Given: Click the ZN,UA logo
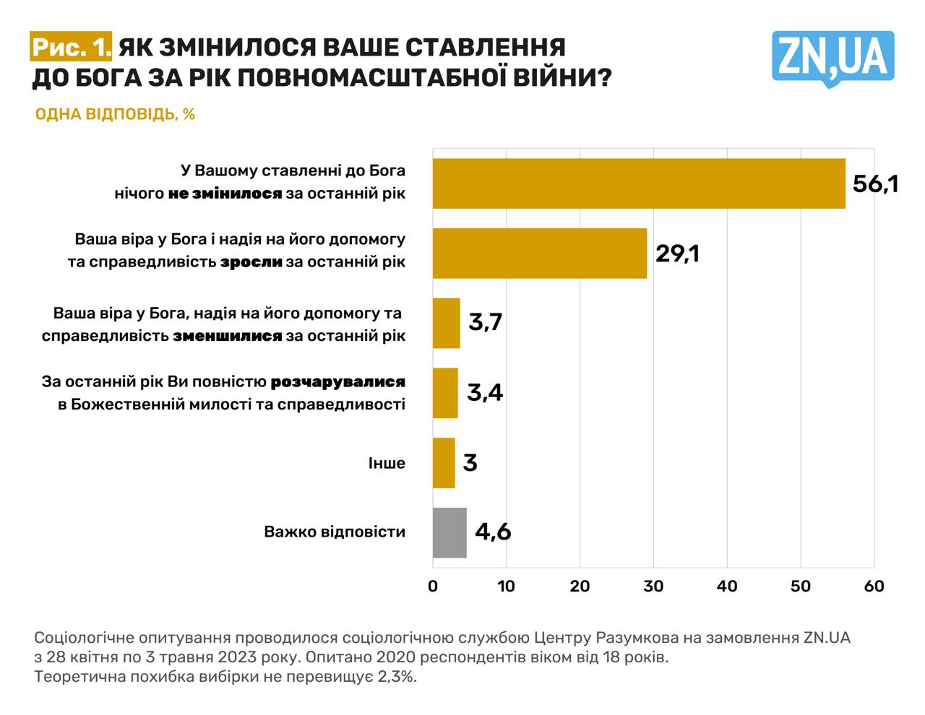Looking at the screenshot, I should [x=832, y=58].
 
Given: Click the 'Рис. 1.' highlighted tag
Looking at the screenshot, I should [x=72, y=48].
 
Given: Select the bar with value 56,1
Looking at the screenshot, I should [x=639, y=183].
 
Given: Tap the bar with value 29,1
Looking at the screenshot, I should [x=539, y=253].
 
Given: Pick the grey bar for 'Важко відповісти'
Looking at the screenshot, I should [x=449, y=533].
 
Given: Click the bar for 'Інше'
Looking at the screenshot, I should [x=444, y=463].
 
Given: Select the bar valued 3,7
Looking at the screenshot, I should [x=446, y=323].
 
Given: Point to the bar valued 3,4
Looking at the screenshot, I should [x=445, y=393].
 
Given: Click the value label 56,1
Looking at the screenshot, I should [x=875, y=183].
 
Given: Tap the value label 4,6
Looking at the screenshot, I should [x=493, y=532].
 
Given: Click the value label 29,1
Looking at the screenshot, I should [x=677, y=253].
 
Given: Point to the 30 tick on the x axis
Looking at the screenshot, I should [x=653, y=586].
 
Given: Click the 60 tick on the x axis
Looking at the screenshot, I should [x=874, y=586].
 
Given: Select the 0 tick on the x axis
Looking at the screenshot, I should [x=433, y=586].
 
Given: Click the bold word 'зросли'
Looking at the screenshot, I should [x=251, y=262].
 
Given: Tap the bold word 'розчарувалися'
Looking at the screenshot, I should [x=337, y=381].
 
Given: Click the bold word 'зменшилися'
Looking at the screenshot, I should [x=227, y=336].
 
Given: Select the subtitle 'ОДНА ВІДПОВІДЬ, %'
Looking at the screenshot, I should [x=115, y=114].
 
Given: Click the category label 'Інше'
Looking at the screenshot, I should [x=387, y=463].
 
